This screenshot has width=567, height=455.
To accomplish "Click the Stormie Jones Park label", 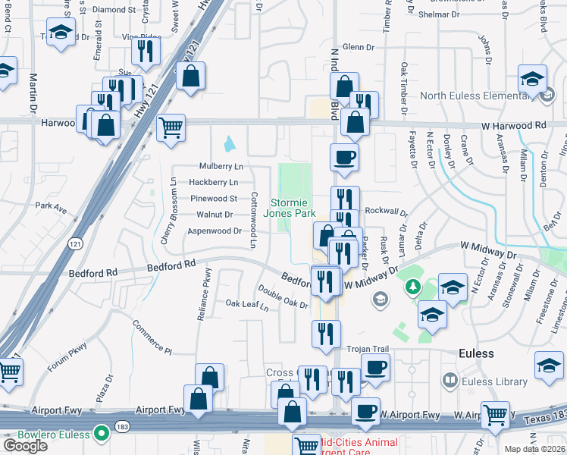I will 289,208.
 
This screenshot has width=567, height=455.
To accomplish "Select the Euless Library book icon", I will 450,380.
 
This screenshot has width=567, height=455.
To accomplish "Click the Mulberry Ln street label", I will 221,166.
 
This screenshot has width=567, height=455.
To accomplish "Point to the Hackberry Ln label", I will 213,182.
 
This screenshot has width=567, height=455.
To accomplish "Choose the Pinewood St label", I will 214,198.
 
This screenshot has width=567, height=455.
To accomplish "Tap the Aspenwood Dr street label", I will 214,231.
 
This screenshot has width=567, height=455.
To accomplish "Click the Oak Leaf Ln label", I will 247,306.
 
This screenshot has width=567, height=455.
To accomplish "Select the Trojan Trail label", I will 368,349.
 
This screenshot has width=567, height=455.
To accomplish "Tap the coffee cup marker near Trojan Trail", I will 374,369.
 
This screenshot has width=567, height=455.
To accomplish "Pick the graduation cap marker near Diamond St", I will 60,33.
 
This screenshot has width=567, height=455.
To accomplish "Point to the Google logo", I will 25,446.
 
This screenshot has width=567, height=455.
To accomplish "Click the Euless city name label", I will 477,353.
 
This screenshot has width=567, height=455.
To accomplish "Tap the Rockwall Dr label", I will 386,212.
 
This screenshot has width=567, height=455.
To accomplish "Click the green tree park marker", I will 412,287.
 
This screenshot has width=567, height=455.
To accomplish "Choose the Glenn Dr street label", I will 359,47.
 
